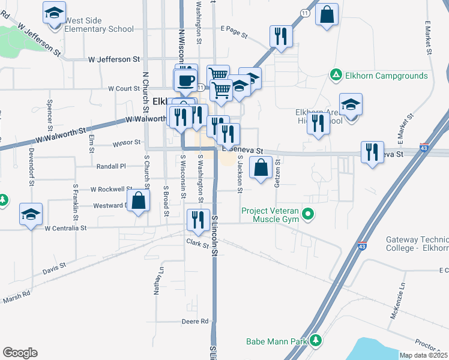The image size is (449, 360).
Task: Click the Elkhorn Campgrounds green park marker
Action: [336, 76]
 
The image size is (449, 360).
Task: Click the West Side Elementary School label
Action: [99, 25]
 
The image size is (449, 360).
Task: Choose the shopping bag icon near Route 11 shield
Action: [327, 15]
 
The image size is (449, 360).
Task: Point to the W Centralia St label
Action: [66, 228]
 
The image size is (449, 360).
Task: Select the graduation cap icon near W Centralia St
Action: [31, 214]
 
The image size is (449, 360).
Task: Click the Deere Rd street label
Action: [195, 322]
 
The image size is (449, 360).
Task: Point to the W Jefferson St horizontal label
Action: [114, 59]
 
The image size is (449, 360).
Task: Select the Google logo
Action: [20, 353]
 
